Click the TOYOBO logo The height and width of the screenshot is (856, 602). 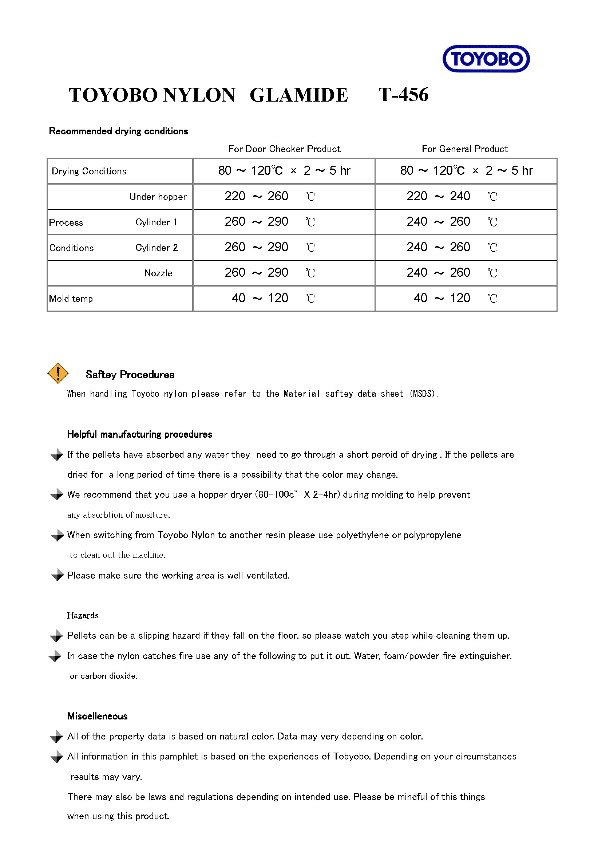click(486, 59)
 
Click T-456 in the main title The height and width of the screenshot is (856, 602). click(403, 95)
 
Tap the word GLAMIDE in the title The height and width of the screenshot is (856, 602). click(298, 95)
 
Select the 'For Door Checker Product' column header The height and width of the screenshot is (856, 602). click(284, 149)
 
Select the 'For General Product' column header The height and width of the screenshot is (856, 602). click(464, 149)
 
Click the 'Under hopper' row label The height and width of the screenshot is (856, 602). click(158, 197)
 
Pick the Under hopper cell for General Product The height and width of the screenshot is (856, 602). click(451, 197)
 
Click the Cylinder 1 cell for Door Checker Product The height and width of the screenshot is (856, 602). click(269, 222)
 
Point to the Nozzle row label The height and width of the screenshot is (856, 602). click(158, 273)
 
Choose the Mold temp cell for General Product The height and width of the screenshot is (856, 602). click(451, 298)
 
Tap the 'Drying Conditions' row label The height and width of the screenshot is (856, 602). click(89, 171)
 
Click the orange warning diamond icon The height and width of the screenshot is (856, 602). click(58, 373)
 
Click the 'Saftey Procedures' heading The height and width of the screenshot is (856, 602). click(130, 375)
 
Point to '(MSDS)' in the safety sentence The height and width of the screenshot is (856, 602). click(423, 394)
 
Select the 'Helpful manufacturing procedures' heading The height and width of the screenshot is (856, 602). click(139, 434)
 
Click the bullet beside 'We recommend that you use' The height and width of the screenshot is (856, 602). click(57, 495)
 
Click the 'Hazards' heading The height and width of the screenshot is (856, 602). click(83, 616)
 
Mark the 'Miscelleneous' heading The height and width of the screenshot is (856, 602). click(97, 716)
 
